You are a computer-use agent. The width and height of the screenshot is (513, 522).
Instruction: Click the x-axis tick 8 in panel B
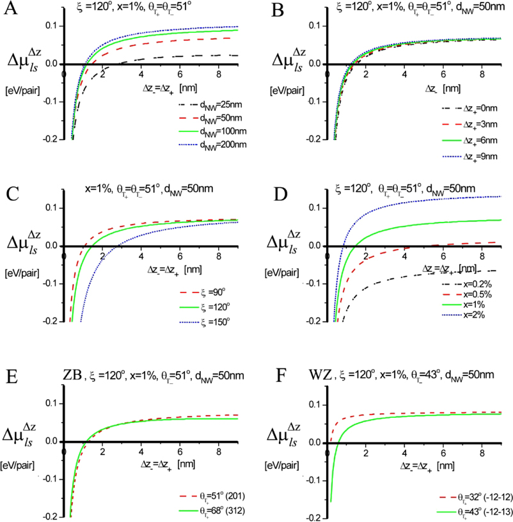click(x=475, y=75)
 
